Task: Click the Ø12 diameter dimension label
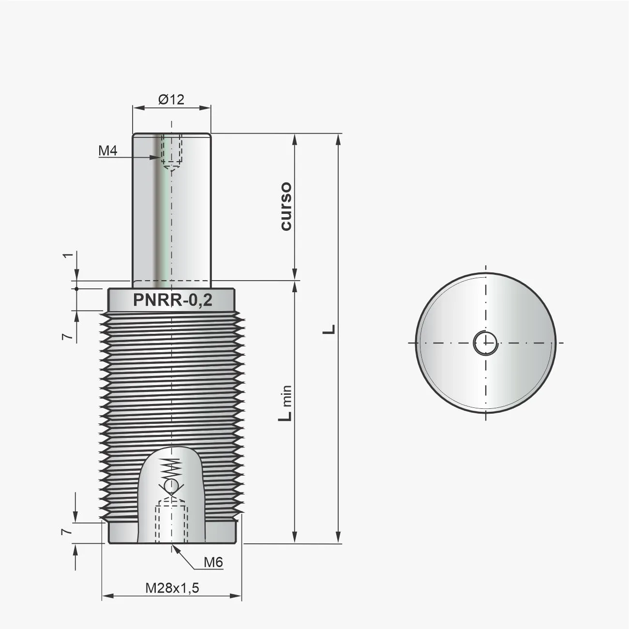(x=171, y=99)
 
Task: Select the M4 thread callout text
(x=108, y=150)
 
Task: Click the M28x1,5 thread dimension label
(x=172, y=588)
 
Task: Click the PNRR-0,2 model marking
(x=172, y=301)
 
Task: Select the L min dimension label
(x=285, y=403)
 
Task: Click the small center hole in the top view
(x=485, y=343)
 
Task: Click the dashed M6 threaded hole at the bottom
(x=171, y=523)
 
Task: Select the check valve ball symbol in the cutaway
(x=171, y=485)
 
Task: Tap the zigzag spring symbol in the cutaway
(x=171, y=467)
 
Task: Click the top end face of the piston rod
(x=171, y=134)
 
